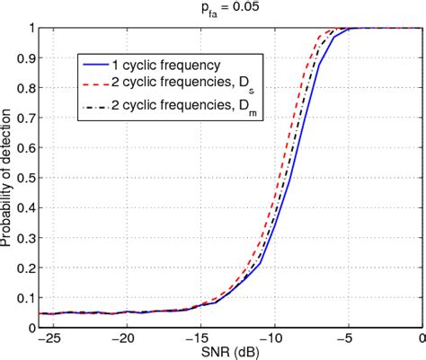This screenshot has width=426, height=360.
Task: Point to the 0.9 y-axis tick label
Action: tap(28, 57)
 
